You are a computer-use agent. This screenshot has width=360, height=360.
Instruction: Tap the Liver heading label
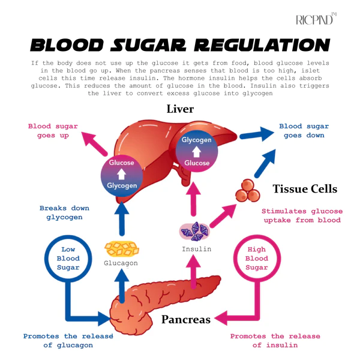click(x=179, y=110)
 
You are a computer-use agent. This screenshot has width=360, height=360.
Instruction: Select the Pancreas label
click(x=185, y=319)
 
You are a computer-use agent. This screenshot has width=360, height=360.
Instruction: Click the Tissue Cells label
click(x=305, y=189)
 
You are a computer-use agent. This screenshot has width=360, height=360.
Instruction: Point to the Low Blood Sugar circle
click(x=71, y=258)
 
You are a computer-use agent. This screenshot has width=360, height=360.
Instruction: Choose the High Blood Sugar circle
click(x=256, y=258)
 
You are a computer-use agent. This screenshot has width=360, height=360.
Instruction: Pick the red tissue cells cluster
click(x=245, y=190)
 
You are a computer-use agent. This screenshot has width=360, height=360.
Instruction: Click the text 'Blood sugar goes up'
click(x=49, y=131)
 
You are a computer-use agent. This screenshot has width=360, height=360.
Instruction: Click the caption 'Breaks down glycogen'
click(x=64, y=212)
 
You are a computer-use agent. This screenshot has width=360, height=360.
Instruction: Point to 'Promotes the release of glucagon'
click(x=68, y=340)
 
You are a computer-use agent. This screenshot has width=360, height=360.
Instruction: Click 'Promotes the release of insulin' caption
click(x=275, y=340)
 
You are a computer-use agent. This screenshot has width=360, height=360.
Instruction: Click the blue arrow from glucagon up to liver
click(x=122, y=220)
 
